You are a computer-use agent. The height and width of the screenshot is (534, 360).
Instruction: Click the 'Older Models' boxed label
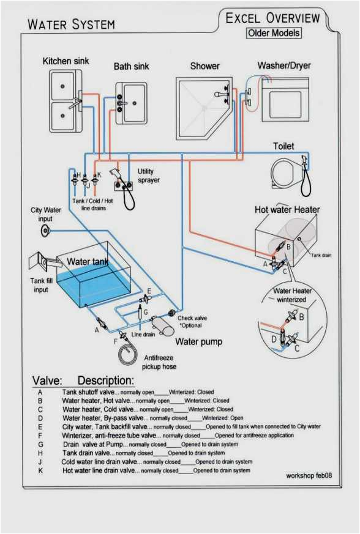click(x=274, y=33)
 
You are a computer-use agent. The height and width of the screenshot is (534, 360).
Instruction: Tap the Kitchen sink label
click(x=66, y=61)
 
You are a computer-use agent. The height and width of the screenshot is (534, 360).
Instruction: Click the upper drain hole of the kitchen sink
click(x=62, y=86)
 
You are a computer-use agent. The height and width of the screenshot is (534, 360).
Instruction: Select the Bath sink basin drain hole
click(x=135, y=103)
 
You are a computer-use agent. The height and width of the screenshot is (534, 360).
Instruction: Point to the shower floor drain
click(x=204, y=108)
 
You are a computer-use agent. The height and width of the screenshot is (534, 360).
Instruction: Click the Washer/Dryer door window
click(x=285, y=104)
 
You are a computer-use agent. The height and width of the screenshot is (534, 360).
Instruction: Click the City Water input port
click(x=45, y=231)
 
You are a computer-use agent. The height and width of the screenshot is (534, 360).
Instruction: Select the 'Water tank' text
click(x=88, y=262)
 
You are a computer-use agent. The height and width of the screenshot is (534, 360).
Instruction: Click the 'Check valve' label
click(x=192, y=317)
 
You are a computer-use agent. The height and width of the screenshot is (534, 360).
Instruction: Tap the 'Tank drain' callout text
click(x=321, y=255)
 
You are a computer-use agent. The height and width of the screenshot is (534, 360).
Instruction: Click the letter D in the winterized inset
click(x=274, y=339)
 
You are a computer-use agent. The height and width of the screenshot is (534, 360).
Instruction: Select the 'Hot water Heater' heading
click(x=287, y=209)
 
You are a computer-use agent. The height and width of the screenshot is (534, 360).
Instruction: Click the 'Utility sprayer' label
click(x=148, y=176)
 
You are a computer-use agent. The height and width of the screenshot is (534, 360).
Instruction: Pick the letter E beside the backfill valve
click(x=149, y=291)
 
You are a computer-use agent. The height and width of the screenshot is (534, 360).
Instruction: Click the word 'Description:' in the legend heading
click(x=106, y=380)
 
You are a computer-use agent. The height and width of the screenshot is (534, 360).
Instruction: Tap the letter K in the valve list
click(x=40, y=470)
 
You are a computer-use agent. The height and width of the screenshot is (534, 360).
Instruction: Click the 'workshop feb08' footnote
click(x=309, y=475)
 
